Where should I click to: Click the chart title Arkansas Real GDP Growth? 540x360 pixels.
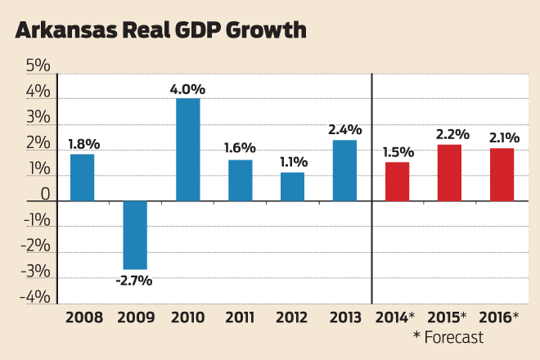[x=161, y=31]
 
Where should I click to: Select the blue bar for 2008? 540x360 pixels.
[x=82, y=178]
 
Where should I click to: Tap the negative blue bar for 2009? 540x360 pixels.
[x=135, y=235]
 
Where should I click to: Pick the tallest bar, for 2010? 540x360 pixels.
[x=187, y=150]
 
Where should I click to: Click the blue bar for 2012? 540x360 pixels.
[x=292, y=187]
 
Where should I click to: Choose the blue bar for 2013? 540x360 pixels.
[x=344, y=170]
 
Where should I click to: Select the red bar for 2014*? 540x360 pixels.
[x=397, y=182]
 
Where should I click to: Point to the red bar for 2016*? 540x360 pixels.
[x=502, y=174]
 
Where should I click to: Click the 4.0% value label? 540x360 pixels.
[x=187, y=88]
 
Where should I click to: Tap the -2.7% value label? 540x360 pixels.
[x=135, y=280]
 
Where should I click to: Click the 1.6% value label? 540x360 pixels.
[x=240, y=148]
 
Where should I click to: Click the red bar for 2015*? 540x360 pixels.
[x=449, y=173]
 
